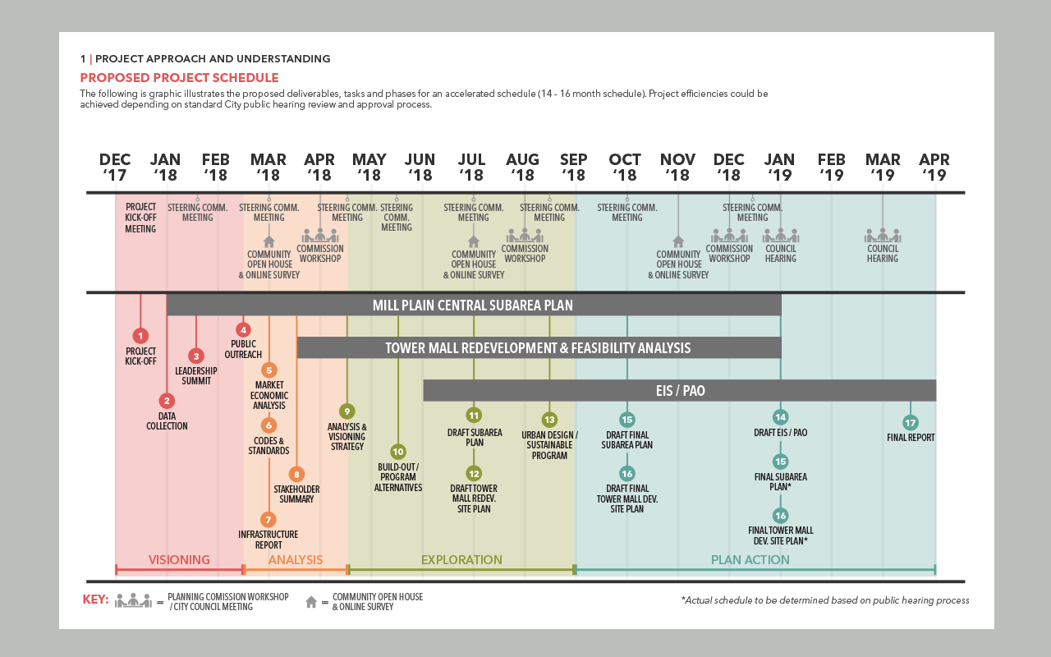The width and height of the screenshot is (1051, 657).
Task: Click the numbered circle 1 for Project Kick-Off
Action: tap(140, 335)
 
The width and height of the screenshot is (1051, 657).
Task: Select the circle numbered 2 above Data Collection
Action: tap(167, 401)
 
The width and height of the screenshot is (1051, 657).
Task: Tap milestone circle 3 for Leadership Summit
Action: tap(196, 356)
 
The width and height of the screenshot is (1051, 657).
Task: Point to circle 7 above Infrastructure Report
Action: tap(268, 519)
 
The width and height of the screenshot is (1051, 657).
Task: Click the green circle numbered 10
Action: tap(398, 451)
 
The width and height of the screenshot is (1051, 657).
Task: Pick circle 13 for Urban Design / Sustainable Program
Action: tap(549, 419)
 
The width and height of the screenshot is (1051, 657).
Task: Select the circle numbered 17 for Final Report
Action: tap(910, 423)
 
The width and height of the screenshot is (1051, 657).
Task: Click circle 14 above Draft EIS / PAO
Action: tap(780, 417)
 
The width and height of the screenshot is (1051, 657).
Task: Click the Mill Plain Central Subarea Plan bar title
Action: tap(472, 306)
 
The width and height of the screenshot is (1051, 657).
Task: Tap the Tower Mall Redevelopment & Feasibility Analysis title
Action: tap(538, 348)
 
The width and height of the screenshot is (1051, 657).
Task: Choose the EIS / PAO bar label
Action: tap(679, 391)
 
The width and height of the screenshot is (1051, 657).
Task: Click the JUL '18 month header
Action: tap(471, 167)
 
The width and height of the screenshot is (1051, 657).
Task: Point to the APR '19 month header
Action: tap(934, 167)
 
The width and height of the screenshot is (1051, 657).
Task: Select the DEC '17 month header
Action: tap(115, 167)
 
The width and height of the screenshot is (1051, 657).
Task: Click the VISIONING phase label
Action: tap(179, 560)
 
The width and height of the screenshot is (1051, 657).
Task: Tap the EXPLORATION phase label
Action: tap(461, 560)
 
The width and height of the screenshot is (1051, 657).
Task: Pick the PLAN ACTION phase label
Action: tap(750, 560)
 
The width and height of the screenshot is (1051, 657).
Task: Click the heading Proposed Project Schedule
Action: tap(179, 78)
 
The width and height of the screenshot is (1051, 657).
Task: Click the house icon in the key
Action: tap(311, 602)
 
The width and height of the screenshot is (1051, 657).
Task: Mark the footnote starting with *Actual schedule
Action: tap(824, 600)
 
